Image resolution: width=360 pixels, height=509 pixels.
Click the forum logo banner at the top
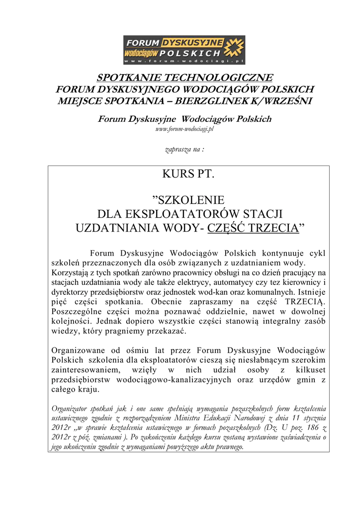(184, 50)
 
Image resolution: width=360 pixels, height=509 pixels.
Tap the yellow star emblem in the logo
(234, 49)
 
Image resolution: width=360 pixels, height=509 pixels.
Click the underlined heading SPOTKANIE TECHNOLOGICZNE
(184, 78)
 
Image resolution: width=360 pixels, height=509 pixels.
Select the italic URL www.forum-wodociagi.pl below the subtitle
(184, 129)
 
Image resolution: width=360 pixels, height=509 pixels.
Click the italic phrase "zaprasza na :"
(184, 149)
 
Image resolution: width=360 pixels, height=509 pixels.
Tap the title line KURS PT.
(188, 174)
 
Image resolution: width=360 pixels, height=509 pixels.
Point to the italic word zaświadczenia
(298, 437)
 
